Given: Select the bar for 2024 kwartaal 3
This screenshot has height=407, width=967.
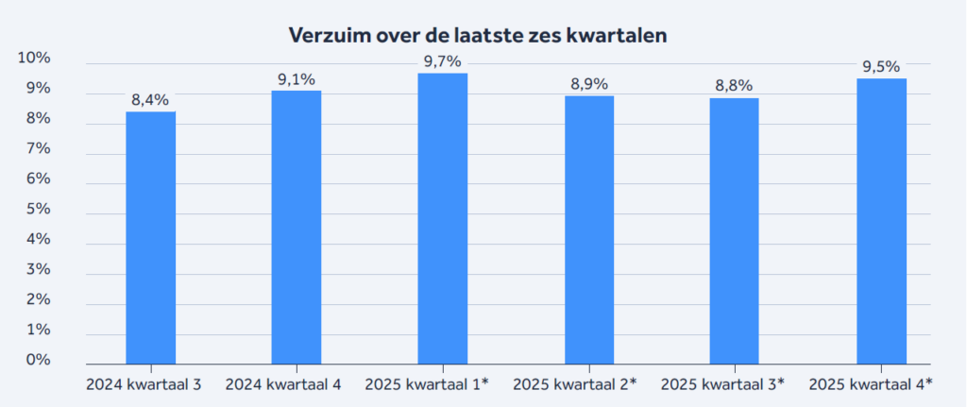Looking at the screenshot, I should pos(150,236).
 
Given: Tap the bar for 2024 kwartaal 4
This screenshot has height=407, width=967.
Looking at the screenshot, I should pos(296,227).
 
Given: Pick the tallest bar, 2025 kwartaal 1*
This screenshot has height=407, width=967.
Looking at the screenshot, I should pos(442,217).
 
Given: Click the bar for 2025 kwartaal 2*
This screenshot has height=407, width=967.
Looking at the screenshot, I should pos(588,229).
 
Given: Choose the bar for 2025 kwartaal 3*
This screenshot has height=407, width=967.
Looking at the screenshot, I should pos(734,230).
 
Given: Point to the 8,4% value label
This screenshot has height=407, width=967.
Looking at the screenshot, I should pos(150,100).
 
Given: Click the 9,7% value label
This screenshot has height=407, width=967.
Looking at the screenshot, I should pos(442,61).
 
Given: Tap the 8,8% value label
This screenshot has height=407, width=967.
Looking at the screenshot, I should pos(734,86).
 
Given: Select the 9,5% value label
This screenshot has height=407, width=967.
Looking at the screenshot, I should pos(880,66).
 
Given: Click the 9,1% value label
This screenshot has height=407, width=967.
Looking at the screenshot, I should pos(296,79).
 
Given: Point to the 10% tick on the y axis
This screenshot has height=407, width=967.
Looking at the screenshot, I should pos(34,59).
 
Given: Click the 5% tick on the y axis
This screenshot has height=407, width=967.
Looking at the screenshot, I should pos(38,210).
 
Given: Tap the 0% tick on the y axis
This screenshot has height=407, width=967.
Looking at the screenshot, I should pos(38,360).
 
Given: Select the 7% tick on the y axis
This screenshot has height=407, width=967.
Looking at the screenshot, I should pos(38,149).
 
